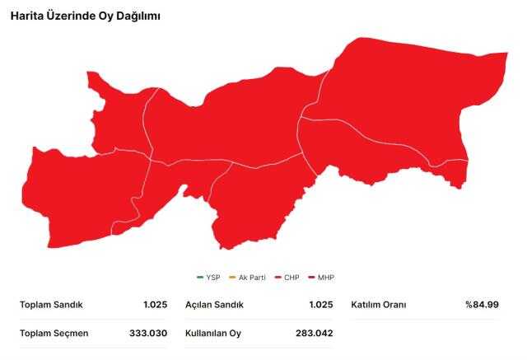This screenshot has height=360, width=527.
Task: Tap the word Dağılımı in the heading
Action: [136, 16]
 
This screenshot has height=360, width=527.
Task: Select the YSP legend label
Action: [212, 277]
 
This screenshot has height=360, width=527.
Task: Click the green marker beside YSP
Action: [200, 277]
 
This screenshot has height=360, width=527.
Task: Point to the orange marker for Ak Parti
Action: [231, 277]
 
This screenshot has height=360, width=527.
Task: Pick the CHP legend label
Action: [291, 277]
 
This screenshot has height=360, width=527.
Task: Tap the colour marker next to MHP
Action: [311, 277]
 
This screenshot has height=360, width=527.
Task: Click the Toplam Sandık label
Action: [51, 305]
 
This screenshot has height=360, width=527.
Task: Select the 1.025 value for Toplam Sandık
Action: [155, 305]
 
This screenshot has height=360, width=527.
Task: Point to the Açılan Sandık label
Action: [215, 305]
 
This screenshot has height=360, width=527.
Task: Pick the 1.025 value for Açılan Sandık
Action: [320, 305]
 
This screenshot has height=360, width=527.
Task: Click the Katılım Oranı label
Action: [379, 305]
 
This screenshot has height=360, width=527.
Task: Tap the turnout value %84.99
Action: [481, 305]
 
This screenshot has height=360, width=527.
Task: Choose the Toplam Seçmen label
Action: [54, 333]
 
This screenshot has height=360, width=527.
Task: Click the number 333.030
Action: [149, 333]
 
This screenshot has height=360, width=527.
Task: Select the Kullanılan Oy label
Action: [213, 333]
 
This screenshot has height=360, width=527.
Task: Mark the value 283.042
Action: [314, 333]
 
